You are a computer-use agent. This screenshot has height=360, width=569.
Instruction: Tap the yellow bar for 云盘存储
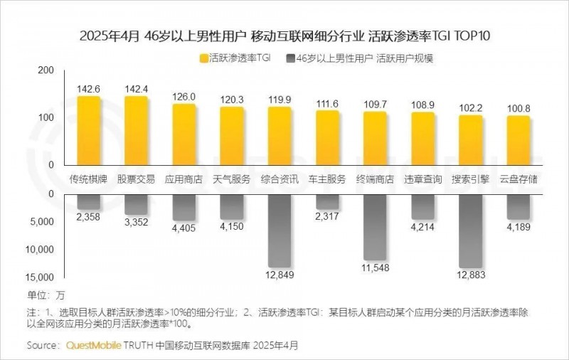(x=519, y=140)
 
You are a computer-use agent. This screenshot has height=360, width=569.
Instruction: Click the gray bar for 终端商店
(x=375, y=227)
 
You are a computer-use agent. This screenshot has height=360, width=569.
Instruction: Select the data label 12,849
(x=280, y=275)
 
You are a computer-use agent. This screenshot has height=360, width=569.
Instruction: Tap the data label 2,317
(x=327, y=217)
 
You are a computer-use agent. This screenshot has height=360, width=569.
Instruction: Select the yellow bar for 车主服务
(x=327, y=137)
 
